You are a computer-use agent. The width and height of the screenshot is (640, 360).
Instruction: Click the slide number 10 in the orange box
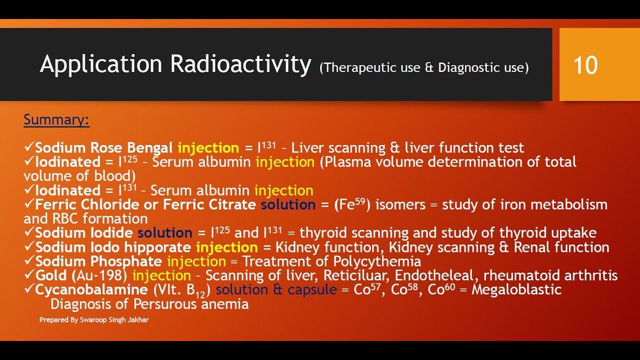point(585,65)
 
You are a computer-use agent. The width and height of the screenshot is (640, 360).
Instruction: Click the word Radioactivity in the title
point(240,64)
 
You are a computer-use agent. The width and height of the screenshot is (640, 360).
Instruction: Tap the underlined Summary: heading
point(56,120)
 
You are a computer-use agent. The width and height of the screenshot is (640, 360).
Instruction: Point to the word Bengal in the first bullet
point(150,148)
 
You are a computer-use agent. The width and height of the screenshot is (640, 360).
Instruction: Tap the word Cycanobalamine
point(91,289)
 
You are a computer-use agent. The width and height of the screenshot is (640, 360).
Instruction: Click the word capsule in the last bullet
point(312,289)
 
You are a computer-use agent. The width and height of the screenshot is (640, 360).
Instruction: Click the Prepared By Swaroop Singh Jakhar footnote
point(94,319)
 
